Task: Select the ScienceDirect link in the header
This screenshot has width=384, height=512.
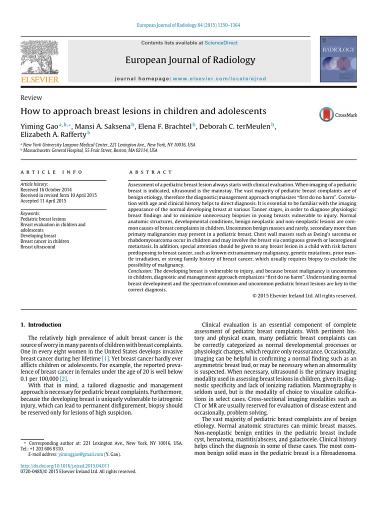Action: click(224, 43)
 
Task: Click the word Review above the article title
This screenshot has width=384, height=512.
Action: click(31, 98)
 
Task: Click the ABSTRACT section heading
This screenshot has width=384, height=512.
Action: click(150, 172)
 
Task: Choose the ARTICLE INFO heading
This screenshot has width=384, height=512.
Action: click(51, 172)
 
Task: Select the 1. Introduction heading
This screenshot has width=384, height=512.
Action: click(41, 324)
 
